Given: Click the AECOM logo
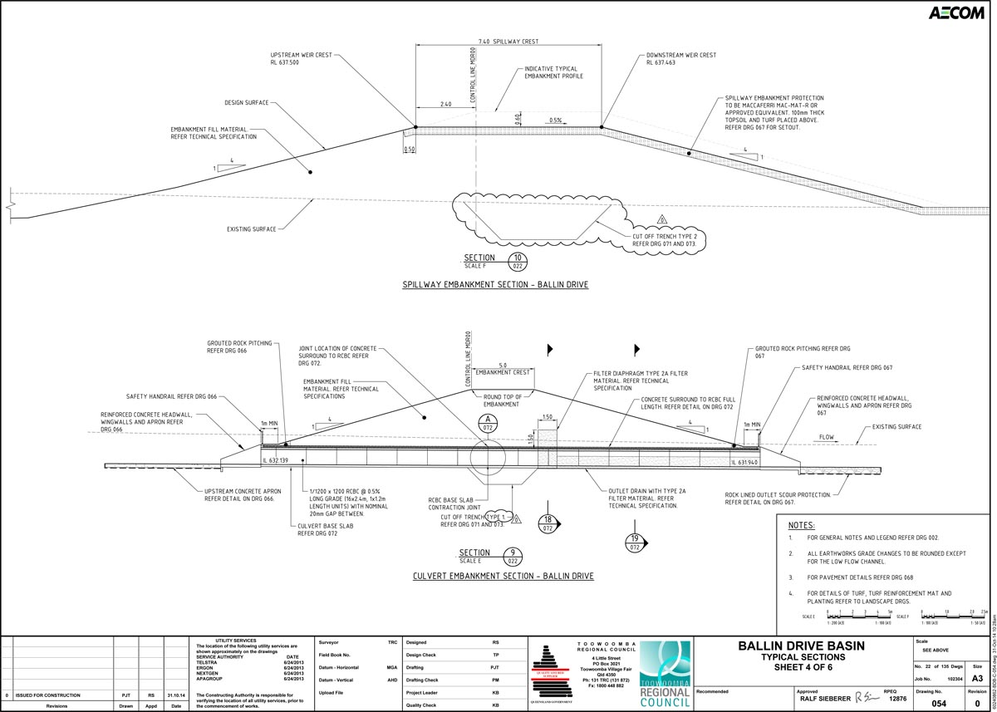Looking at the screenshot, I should (x=957, y=13).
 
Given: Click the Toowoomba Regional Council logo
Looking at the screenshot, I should (x=665, y=674).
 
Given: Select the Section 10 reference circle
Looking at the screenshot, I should (x=518, y=262).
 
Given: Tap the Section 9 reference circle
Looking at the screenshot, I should (x=514, y=557).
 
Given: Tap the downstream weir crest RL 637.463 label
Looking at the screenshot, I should (x=680, y=59).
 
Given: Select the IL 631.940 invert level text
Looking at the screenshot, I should (x=744, y=463).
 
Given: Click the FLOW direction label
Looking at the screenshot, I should (x=826, y=437).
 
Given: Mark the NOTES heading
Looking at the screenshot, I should (x=802, y=526).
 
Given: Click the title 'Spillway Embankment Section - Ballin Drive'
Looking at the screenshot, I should (x=495, y=285).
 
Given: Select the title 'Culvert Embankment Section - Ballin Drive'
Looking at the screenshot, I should (x=503, y=576).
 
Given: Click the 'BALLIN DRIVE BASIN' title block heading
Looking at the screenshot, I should (x=802, y=646).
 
